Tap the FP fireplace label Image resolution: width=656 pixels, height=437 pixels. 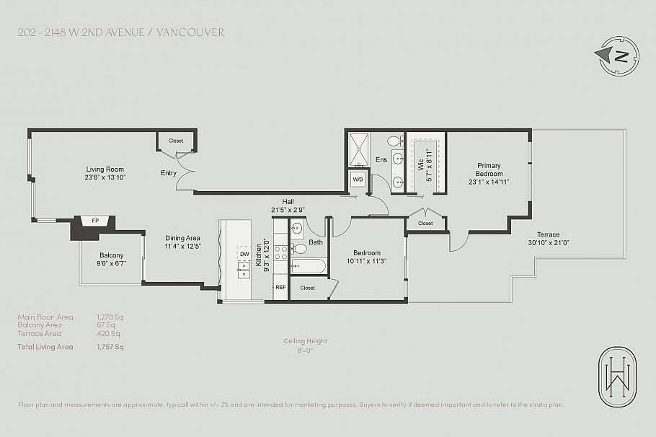(x=94, y=221)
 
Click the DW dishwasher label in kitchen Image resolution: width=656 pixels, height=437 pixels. (x=245, y=254)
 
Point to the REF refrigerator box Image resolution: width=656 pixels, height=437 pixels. (x=280, y=287)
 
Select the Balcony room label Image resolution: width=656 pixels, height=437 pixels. (x=112, y=255)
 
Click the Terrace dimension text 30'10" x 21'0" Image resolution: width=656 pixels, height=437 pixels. (x=549, y=243)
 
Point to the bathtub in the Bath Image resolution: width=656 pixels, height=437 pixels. (x=309, y=267)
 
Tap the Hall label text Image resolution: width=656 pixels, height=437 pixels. (x=288, y=202)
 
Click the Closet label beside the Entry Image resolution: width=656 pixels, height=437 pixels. (x=176, y=141)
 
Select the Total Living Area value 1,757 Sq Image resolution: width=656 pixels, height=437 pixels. (x=110, y=347)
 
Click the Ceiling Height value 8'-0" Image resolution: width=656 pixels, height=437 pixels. (x=306, y=351)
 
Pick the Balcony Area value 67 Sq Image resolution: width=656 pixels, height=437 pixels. (x=106, y=325)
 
